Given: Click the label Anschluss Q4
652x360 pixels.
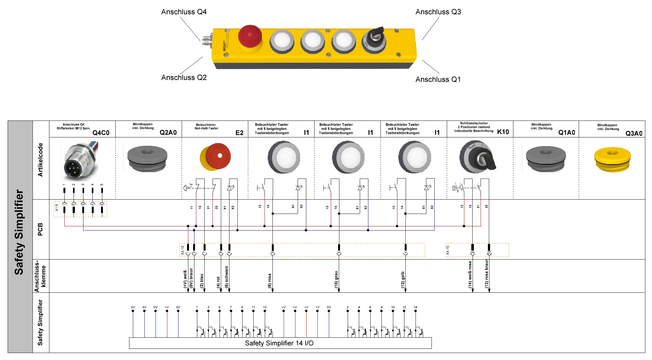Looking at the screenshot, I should (184, 12).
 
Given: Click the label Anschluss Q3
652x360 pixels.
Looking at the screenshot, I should (438, 12).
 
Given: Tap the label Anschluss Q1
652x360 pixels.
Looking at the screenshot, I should (438, 79).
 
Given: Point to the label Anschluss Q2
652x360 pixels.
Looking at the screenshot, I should (184, 77).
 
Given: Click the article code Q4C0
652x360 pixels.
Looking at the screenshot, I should (101, 133).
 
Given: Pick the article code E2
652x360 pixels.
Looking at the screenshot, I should (239, 133).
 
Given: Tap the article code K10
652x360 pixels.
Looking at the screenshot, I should (503, 132).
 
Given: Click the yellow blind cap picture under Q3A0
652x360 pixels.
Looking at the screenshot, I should (612, 159).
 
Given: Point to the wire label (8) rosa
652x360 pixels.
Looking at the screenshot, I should (270, 281).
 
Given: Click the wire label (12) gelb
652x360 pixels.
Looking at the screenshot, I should (403, 280).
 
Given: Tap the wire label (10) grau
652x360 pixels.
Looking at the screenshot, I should (336, 280).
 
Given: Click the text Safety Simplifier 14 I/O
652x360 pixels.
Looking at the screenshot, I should (279, 343).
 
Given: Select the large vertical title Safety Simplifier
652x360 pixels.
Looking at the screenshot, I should (19, 232).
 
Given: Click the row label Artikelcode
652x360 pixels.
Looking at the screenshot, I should (40, 160).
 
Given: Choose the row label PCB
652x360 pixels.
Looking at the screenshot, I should (40, 229).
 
